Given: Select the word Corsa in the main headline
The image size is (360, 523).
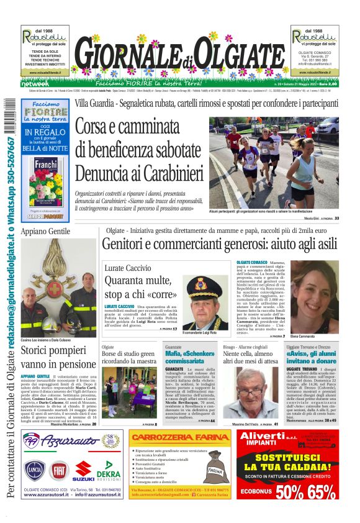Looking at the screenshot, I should (102, 127).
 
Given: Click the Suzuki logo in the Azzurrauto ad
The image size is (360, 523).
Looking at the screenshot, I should (83, 471).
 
